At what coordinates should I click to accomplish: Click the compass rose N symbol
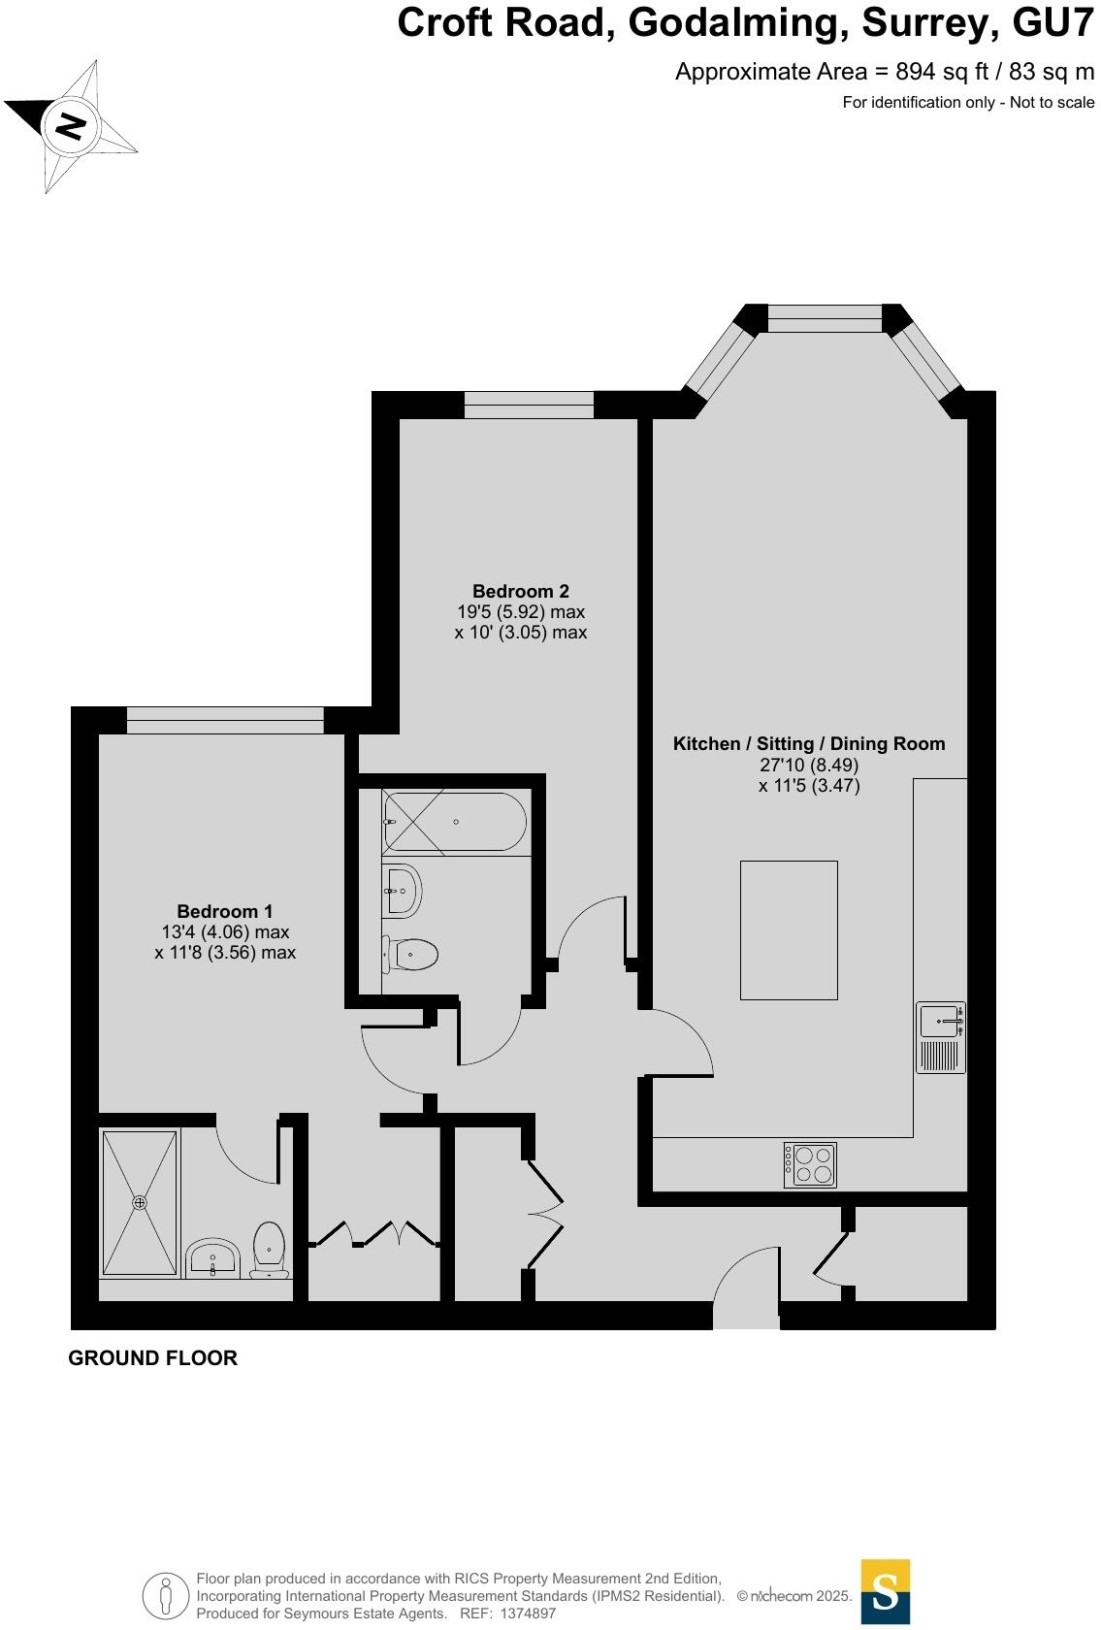click(x=70, y=126)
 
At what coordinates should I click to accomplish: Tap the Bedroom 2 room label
click(x=521, y=591)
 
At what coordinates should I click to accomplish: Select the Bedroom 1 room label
click(x=224, y=911)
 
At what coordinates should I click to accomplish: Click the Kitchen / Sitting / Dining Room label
click(x=809, y=744)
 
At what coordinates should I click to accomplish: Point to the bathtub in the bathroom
click(x=455, y=822)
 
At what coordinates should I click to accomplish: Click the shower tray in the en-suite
click(x=141, y=1202)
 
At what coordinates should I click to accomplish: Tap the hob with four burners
click(x=810, y=1164)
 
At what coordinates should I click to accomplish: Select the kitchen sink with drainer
click(x=941, y=1037)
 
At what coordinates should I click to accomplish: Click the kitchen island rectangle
click(x=789, y=929)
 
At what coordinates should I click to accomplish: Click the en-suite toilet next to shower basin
click(x=269, y=1250)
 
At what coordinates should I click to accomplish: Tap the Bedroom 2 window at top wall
click(x=529, y=405)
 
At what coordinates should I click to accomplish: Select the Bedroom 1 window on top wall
click(x=225, y=720)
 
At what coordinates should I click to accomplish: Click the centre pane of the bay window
click(x=825, y=318)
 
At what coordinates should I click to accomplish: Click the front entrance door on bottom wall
click(x=746, y=1290)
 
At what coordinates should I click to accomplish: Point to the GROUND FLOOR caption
click(x=152, y=1358)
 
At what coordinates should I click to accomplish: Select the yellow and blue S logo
click(x=886, y=1591)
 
